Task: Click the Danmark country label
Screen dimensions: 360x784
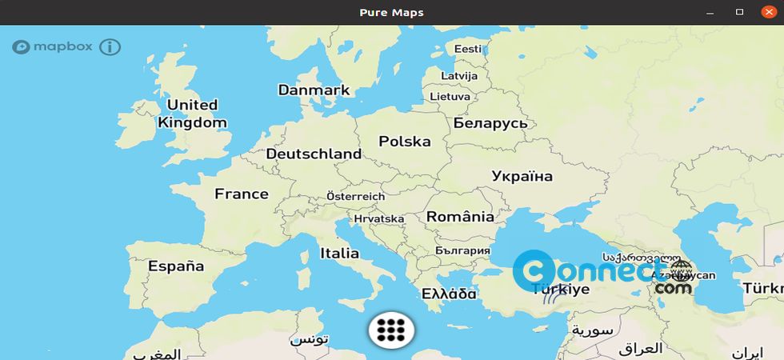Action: pyautogui.click(x=314, y=90)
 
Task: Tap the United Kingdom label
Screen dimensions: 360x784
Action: pyautogui.click(x=192, y=114)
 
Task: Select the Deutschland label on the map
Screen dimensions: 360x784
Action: pyautogui.click(x=314, y=154)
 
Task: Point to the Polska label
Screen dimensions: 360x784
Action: pyautogui.click(x=405, y=142)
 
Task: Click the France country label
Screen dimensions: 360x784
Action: pyautogui.click(x=242, y=194)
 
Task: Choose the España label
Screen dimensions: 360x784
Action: pyautogui.click(x=176, y=266)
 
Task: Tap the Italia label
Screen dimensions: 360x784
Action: pyautogui.click(x=340, y=253)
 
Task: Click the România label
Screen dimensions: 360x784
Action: pyautogui.click(x=460, y=217)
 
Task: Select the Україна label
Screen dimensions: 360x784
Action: pyautogui.click(x=522, y=176)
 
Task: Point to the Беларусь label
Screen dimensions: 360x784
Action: pyautogui.click(x=490, y=123)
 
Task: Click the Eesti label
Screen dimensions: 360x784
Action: pyautogui.click(x=468, y=49)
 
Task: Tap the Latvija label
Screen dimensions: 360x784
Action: pyautogui.click(x=459, y=75)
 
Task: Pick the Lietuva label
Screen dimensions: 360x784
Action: pyautogui.click(x=450, y=96)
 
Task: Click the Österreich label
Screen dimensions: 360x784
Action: pyautogui.click(x=356, y=196)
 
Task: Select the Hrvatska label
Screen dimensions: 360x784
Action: pyautogui.click(x=379, y=218)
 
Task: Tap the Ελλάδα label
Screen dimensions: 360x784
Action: pyautogui.click(x=450, y=294)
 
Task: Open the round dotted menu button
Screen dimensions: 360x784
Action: pyautogui.click(x=391, y=330)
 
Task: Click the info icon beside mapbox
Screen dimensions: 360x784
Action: pyautogui.click(x=110, y=46)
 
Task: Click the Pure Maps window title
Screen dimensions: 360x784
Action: pyautogui.click(x=392, y=12)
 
